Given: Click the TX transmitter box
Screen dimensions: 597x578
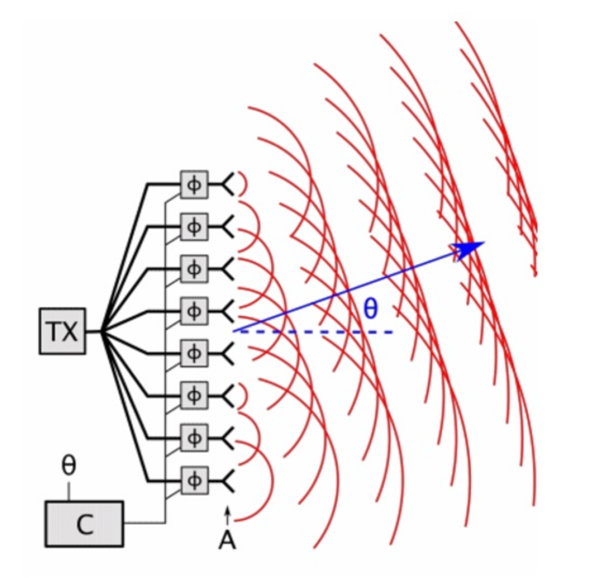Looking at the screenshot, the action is tap(62, 331).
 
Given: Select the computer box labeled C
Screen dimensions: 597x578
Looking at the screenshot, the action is tap(85, 524).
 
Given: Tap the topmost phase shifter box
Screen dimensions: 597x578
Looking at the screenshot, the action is tap(194, 185).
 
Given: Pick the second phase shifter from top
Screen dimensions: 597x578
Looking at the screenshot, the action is tap(194, 227).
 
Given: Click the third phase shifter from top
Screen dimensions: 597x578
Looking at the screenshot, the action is tap(194, 269).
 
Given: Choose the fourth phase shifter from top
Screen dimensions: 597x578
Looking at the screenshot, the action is tap(194, 311).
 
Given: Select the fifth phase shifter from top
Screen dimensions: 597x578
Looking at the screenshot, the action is tap(194, 353).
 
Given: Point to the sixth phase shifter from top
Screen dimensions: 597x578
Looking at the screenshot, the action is tap(194, 395).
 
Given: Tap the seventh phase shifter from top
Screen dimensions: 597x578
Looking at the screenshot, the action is tap(194, 438).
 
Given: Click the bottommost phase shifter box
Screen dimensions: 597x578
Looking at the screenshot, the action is tap(194, 480).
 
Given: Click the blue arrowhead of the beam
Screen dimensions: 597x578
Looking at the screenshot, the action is tap(468, 249).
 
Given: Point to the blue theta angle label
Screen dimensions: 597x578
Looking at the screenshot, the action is tap(371, 309).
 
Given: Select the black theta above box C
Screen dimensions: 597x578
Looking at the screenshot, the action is tap(69, 466).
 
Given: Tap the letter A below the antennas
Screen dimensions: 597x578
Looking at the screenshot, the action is tap(227, 540).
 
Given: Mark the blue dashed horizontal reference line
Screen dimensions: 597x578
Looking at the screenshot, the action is tap(313, 332).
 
